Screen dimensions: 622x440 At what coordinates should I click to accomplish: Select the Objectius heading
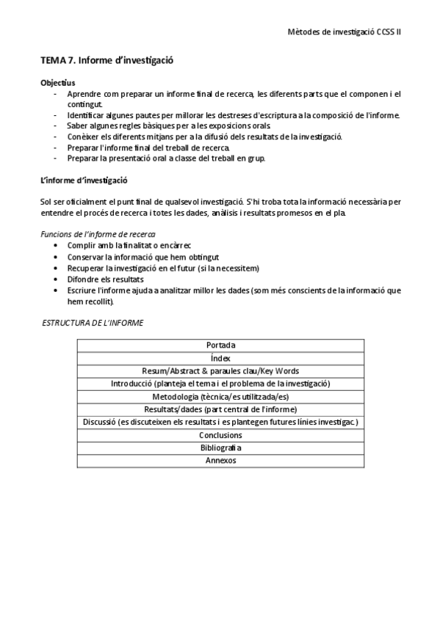pos(57,83)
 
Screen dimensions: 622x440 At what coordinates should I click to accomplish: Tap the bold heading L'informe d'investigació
pos(84,180)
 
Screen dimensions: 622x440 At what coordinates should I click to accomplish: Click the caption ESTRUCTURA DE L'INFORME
pos(93,323)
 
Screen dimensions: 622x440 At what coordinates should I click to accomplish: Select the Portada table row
pos(220,345)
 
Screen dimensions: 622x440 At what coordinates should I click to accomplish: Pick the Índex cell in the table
pos(220,358)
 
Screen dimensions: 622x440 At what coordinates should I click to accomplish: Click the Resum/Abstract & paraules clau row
pos(220,371)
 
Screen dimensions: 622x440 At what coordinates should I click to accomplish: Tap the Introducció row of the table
pos(220,384)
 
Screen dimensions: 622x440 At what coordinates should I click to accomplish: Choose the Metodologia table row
pos(220,397)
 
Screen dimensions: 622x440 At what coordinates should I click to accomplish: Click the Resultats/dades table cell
pos(220,409)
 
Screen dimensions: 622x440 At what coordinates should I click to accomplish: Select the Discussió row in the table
pos(220,422)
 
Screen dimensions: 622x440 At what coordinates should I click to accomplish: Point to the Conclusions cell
pos(220,435)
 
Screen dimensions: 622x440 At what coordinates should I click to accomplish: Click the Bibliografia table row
pos(220,448)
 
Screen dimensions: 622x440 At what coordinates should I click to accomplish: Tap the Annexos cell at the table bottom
pos(220,461)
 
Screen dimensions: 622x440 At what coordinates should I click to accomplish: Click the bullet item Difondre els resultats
pos(105,279)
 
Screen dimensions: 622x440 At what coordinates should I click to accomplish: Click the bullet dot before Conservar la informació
pos(57,257)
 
